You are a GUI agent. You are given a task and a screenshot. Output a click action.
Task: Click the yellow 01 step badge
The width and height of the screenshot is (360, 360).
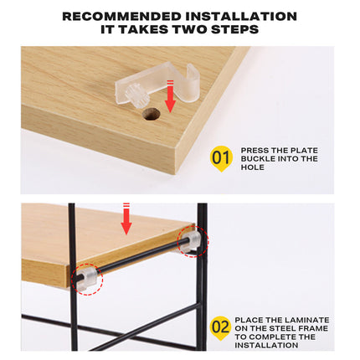(x=220, y=157)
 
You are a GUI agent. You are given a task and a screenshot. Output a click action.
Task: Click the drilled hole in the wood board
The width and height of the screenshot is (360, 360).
(x=152, y=112)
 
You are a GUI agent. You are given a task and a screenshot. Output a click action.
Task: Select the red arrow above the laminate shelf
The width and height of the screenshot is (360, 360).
(x=127, y=219)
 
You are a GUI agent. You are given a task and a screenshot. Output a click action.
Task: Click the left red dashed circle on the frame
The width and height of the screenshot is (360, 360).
(x=86, y=279)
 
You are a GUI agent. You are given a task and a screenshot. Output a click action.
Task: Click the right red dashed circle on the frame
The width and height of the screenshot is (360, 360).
(x=193, y=242)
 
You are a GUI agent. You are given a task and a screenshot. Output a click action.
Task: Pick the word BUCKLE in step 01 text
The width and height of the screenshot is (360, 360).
(x=259, y=158)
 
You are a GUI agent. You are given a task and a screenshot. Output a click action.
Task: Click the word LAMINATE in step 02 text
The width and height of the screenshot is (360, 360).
(x=306, y=320)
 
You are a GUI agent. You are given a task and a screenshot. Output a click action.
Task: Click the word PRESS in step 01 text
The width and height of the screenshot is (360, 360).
(x=255, y=149)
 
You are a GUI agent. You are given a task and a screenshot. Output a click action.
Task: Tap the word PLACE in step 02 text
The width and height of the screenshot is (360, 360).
(x=251, y=320)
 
